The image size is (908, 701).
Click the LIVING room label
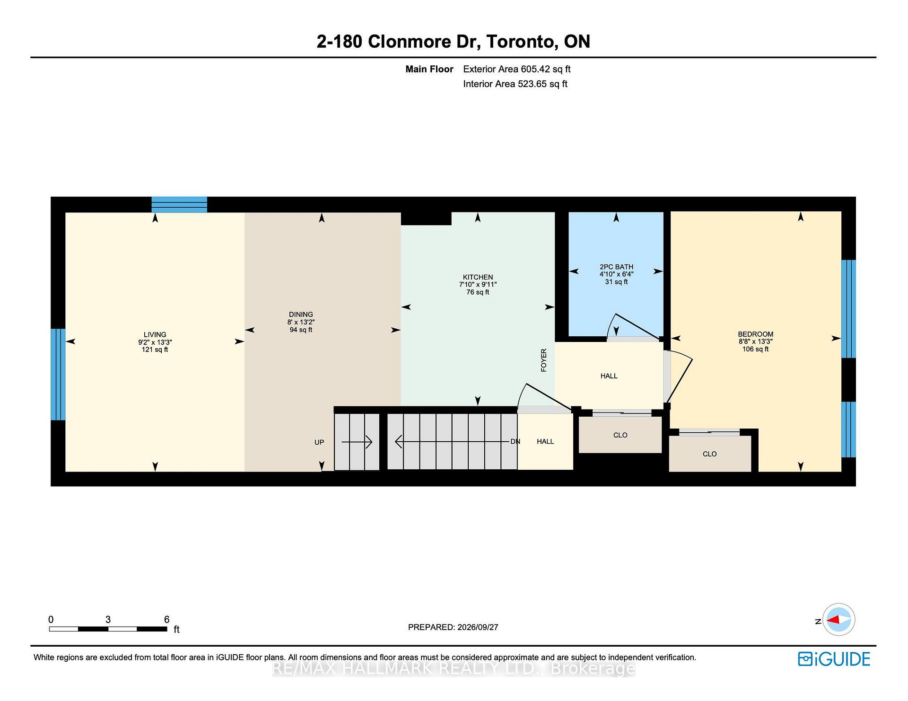[155, 334]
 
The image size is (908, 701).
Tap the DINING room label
[301, 315]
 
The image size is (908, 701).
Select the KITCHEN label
[478, 277]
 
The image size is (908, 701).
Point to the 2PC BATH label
[616, 267]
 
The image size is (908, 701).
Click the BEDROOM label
[755, 334]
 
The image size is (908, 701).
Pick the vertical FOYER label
[544, 360]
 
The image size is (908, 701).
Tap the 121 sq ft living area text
[155, 350]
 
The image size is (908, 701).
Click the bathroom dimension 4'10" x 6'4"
[616, 274]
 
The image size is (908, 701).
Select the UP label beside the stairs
[319, 442]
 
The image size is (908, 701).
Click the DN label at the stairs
[515, 441]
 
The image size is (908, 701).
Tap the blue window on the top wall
[179, 204]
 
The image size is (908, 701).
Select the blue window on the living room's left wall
[58, 374]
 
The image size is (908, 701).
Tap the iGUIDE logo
[834, 659]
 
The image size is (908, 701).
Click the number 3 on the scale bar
[108, 619]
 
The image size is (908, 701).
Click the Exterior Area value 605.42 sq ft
[546, 69]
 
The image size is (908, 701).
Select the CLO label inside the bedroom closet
[709, 454]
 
